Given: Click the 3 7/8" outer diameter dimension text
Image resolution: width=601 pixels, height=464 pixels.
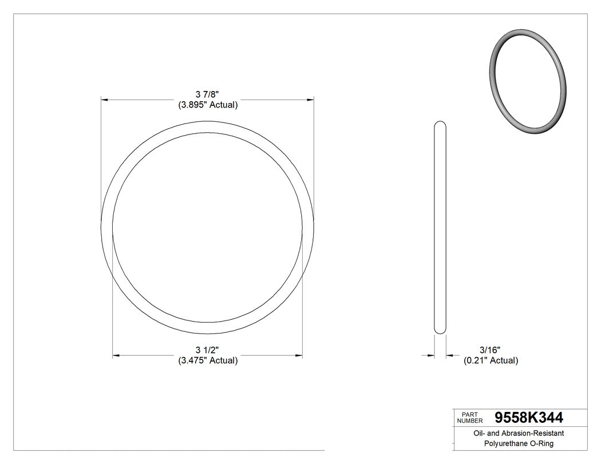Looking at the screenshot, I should pos(207,94).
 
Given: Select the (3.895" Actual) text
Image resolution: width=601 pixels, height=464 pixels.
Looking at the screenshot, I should pos(207,105).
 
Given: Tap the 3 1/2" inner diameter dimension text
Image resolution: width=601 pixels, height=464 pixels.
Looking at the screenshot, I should pos(207,350).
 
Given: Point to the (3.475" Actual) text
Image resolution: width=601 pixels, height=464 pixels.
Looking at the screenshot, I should pos(207,360).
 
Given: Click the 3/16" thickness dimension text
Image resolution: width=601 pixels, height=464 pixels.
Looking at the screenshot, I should pos(491,350).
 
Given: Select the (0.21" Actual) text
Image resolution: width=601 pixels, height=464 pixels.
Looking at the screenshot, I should pos(491,360).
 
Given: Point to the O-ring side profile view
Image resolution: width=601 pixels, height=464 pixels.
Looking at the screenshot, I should pos(440,227).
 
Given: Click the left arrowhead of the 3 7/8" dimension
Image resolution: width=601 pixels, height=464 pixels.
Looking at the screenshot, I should pos(105,100).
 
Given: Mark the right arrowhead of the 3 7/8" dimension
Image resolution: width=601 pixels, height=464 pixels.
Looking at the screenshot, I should pos(310,100).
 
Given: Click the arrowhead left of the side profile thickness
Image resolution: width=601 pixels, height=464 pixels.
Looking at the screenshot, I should pos(431,356).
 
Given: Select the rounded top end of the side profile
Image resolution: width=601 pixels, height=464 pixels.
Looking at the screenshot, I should pos(440,124).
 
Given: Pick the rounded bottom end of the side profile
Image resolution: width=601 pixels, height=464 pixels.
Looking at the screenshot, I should pos(440,330).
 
